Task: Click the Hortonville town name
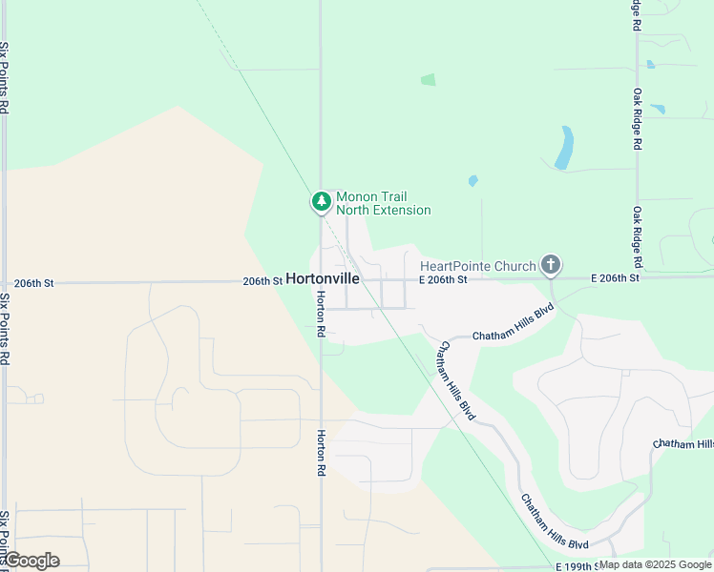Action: click(323, 280)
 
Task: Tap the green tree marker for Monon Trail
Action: click(322, 201)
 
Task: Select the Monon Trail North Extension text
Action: click(383, 203)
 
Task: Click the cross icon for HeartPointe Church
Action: click(550, 264)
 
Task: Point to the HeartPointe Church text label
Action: click(478, 266)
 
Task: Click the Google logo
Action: click(31, 561)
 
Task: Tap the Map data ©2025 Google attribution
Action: click(655, 564)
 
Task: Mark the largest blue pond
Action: click(565, 148)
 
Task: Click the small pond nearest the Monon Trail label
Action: click(472, 180)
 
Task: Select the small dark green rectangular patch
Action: click(428, 80)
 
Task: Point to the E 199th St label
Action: click(572, 566)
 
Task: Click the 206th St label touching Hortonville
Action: click(262, 281)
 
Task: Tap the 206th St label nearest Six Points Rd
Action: click(35, 283)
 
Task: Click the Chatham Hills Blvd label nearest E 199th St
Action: click(554, 521)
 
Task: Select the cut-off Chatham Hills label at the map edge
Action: click(682, 444)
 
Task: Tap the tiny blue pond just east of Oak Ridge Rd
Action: click(650, 65)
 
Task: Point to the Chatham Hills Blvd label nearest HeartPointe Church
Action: click(514, 324)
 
